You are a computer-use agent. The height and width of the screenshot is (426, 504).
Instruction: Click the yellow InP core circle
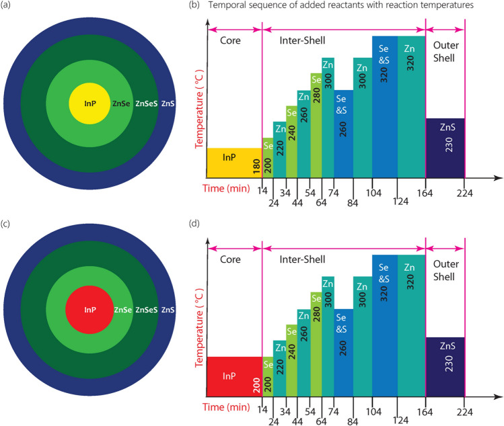point(87,103)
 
